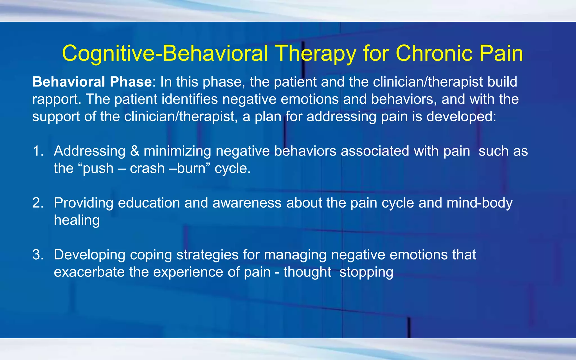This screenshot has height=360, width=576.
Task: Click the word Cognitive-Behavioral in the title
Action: [165, 53]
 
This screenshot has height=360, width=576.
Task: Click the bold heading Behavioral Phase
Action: [92, 82]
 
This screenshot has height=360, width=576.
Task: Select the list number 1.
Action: [38, 151]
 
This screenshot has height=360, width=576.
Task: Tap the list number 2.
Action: [38, 203]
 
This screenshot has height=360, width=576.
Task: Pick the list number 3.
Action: [38, 255]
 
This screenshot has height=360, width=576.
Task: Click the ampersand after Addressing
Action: [135, 151]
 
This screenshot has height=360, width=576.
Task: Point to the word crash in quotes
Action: [147, 168]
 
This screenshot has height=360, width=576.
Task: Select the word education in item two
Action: [149, 203]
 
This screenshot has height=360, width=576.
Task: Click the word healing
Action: [77, 220]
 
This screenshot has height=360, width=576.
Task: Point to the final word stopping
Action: [366, 273]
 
